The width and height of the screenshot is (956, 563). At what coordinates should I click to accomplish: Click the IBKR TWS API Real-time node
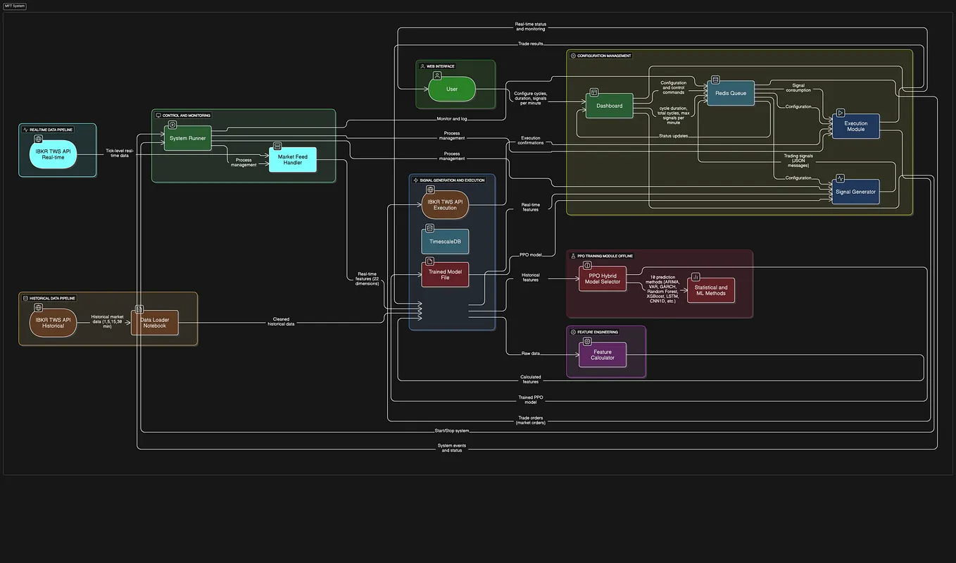pos(53,154)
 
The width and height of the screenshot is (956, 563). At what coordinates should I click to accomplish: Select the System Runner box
pos(187,138)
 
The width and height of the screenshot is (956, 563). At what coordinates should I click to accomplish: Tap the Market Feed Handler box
pos(293,160)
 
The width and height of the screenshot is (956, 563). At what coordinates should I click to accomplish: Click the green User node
pos(452,89)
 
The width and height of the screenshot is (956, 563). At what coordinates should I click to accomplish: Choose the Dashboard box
pos(609,106)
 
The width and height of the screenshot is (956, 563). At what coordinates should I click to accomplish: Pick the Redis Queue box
pos(730,93)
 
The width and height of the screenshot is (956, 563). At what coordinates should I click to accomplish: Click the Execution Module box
pos(855,126)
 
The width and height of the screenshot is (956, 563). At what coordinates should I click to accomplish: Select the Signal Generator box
pos(855,192)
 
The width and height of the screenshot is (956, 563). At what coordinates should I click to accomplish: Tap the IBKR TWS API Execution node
pos(445,204)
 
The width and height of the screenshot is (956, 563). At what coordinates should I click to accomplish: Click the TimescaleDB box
pos(445,242)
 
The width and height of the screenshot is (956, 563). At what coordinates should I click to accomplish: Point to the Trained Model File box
pos(445,274)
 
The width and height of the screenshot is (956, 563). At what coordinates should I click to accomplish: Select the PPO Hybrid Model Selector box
pos(603,279)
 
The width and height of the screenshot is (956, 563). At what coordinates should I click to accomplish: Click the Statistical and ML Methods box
pos(711,290)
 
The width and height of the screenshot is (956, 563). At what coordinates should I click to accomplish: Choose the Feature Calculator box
pos(602,354)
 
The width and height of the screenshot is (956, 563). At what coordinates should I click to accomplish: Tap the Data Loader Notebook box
pos(155,323)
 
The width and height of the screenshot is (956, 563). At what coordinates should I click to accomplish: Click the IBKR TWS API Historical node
pos(53,323)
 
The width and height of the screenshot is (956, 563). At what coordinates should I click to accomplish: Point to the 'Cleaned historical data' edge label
pos(281,321)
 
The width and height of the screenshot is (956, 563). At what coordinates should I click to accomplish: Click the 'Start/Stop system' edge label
pos(451,431)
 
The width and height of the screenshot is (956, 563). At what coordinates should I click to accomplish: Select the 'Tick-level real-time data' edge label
pos(119,153)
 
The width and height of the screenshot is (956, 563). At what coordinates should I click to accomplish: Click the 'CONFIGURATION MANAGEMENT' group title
pos(604,56)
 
